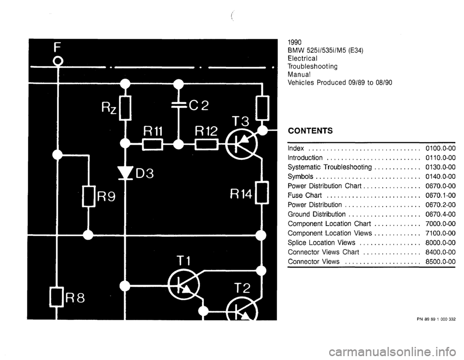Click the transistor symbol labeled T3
coord(242,145)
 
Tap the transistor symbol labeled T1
coord(184,285)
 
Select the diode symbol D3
coord(125,173)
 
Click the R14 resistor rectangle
coord(262,193)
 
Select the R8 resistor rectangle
coord(57,296)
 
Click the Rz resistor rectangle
coord(125,108)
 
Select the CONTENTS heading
coord(310,131)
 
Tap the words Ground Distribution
coord(317,214)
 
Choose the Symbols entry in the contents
coord(300,177)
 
